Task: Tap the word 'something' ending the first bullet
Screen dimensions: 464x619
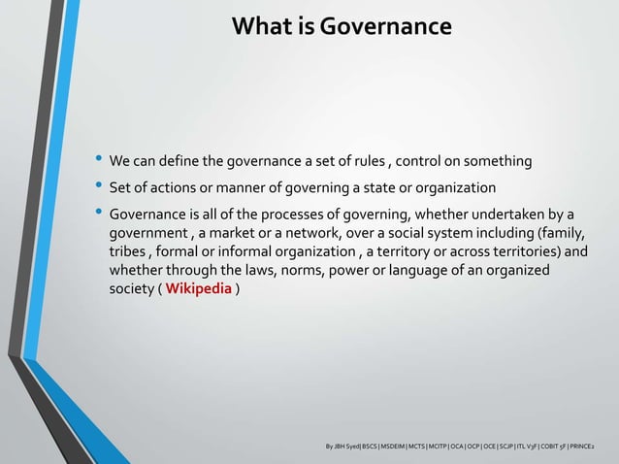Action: [499, 160]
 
